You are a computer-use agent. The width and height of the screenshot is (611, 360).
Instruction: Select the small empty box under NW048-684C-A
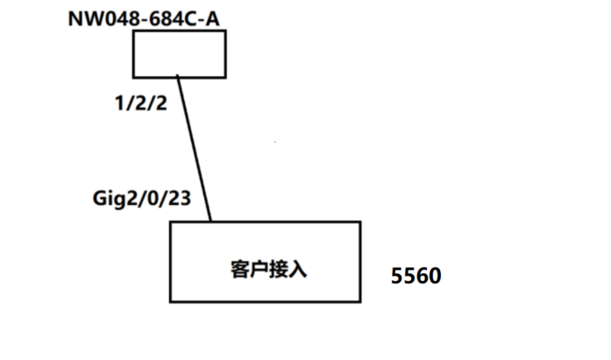coord(179,53)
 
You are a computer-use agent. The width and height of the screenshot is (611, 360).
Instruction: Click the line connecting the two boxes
coord(194,149)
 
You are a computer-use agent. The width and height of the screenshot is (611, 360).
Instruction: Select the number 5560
coord(416,276)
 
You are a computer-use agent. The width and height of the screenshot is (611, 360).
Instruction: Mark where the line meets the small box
coord(178,77)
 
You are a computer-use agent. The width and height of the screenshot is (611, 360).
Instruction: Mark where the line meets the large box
coord(211,222)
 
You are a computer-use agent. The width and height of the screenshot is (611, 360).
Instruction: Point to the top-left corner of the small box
coord(133,31)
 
